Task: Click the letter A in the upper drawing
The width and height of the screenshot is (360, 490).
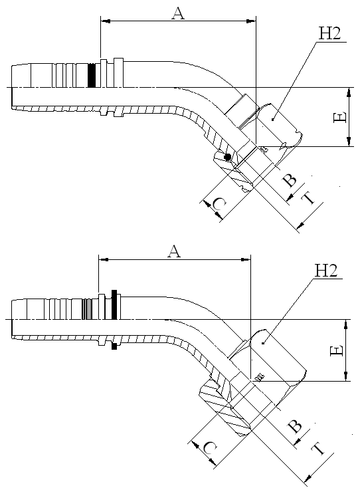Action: click(x=178, y=13)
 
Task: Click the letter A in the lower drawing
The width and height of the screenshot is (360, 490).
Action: click(x=174, y=251)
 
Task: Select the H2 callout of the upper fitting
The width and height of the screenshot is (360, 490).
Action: click(x=329, y=33)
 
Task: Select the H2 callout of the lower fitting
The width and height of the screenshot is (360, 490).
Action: click(x=326, y=271)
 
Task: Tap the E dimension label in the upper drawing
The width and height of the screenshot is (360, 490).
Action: click(x=340, y=118)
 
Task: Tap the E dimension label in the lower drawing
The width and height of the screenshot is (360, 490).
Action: click(x=337, y=351)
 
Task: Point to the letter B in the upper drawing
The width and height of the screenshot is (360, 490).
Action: click(x=289, y=180)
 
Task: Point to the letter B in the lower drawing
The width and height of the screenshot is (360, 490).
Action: click(x=295, y=426)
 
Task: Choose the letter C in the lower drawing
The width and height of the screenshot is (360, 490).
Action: click(x=210, y=448)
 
